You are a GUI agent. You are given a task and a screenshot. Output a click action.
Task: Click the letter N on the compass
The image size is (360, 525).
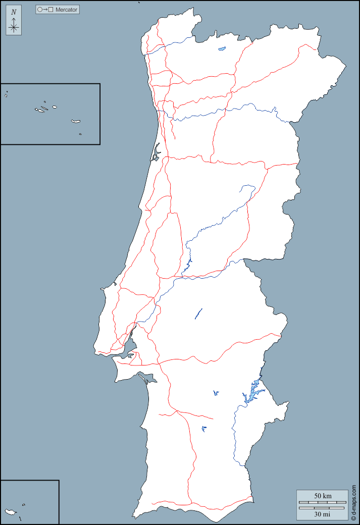pyautogui.click(x=14, y=12)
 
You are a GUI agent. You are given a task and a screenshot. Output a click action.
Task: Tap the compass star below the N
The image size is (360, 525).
pyautogui.click(x=14, y=26)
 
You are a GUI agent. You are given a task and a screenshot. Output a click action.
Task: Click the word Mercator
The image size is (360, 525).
pyautogui.click(x=66, y=10)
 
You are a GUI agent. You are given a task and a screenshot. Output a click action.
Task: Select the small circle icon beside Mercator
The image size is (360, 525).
pyautogui.click(x=40, y=10)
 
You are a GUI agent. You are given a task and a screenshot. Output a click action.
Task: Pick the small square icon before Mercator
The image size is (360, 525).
pyautogui.click(x=50, y=10)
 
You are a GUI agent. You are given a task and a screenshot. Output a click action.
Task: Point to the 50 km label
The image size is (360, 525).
pyautogui.click(x=323, y=496)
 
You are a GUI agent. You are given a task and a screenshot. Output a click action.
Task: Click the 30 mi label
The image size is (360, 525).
pyautogui.click(x=323, y=514)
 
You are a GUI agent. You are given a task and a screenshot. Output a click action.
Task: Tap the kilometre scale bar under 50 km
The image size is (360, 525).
pyautogui.click(x=322, y=502)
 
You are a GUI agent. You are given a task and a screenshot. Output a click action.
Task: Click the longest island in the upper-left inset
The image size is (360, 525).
pyautogui.click(x=76, y=121)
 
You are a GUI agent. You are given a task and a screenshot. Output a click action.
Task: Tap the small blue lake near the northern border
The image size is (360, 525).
pyautogui.click(x=222, y=49)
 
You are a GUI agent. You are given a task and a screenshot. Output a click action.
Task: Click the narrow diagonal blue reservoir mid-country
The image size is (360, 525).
pyautogui.click(x=198, y=313)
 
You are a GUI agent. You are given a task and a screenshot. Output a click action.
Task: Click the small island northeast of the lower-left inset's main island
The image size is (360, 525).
pyautogui.click(x=24, y=504)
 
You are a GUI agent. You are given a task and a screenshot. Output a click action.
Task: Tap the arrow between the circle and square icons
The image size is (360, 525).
pyautogui.click(x=45, y=10)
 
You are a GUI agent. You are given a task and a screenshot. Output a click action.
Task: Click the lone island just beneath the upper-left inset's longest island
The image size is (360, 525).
pyautogui.click(x=80, y=134)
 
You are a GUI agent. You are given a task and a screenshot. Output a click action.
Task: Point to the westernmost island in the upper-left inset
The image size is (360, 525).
pyautogui.click(x=6, y=94)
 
